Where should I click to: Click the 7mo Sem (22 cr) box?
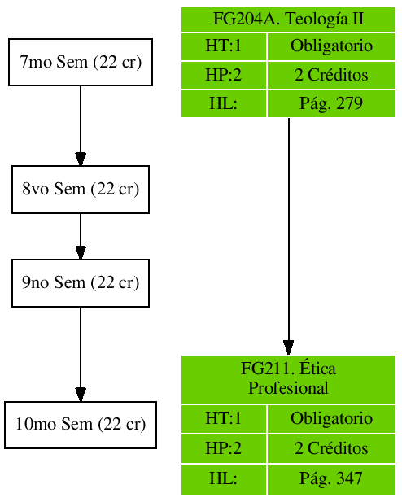click(x=81, y=62)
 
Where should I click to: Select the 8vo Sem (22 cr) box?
click(x=81, y=190)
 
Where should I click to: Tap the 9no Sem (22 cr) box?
click(x=81, y=283)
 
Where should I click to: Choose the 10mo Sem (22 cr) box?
click(x=81, y=425)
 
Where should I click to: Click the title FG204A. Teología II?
click(x=288, y=19)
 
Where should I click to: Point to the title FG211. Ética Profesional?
click(x=288, y=379)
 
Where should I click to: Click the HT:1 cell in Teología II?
click(x=224, y=46)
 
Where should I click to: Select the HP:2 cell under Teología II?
click(x=224, y=75)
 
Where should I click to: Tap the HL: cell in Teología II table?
click(x=224, y=103)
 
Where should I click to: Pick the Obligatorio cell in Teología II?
click(x=331, y=46)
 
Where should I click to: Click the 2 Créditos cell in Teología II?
click(x=331, y=75)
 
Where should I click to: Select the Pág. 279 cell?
click(x=331, y=103)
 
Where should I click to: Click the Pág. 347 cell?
click(x=331, y=479)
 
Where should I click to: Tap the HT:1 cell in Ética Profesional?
click(x=224, y=419)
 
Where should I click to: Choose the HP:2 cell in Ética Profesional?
click(x=224, y=448)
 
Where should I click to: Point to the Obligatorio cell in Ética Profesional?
click(x=331, y=419)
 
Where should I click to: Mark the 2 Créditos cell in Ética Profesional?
click(x=331, y=448)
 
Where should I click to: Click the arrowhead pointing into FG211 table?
click(x=288, y=347)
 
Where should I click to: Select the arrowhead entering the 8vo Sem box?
click(x=81, y=158)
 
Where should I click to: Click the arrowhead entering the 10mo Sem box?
click(x=81, y=394)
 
